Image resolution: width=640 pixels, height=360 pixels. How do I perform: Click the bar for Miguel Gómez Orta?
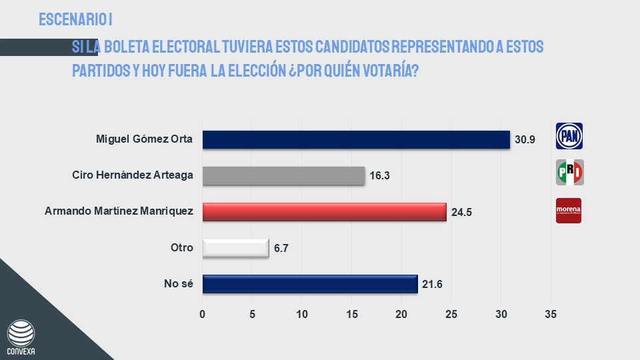(x=355, y=140)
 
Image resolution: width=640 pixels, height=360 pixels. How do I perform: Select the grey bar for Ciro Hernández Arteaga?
(x=283, y=176)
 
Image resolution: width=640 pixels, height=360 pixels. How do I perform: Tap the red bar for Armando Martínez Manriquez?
(x=324, y=212)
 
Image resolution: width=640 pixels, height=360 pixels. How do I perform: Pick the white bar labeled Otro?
(x=235, y=248)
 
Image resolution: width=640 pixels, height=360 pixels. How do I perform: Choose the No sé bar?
(x=309, y=284)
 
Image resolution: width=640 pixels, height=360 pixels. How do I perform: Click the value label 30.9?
(x=525, y=141)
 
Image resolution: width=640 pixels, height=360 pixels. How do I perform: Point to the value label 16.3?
(x=379, y=177)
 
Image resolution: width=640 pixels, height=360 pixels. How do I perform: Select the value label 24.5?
(x=461, y=213)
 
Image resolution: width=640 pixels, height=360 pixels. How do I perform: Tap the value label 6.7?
(x=281, y=249)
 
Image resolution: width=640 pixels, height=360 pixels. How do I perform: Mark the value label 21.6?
(x=432, y=285)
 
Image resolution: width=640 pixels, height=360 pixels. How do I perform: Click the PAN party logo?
(x=569, y=136)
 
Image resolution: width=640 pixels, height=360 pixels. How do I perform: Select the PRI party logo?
(x=569, y=173)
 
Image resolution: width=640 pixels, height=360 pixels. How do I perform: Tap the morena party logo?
(x=569, y=211)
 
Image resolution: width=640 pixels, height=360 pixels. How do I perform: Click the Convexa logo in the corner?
(x=21, y=337)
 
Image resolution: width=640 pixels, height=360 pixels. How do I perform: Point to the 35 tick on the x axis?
(x=551, y=314)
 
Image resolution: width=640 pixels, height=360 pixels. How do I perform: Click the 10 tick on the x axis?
(x=302, y=314)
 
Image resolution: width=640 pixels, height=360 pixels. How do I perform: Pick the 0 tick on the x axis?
(x=203, y=314)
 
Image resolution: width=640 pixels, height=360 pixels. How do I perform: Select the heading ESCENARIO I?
(x=80, y=19)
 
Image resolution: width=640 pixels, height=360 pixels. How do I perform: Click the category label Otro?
(x=181, y=248)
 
